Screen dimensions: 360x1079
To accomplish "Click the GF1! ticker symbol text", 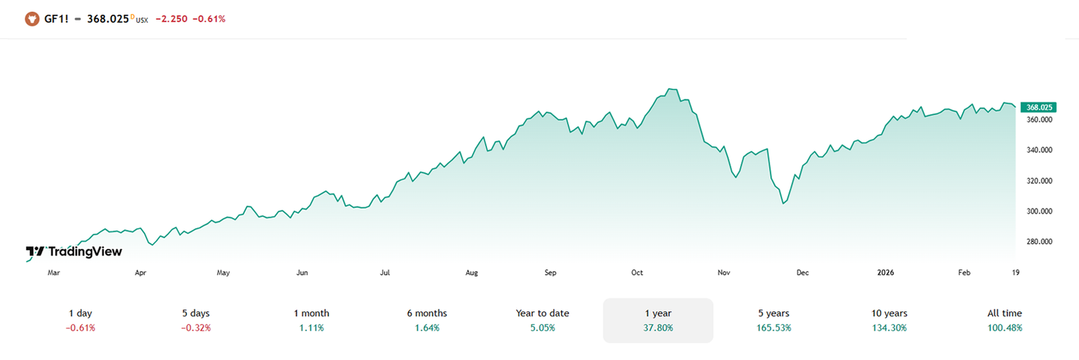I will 56,19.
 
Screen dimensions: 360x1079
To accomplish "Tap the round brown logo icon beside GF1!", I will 32,19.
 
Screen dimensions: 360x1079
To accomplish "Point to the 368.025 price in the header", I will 108,19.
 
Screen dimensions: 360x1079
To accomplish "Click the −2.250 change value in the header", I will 171,19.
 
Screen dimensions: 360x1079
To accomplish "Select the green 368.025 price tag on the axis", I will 1039,107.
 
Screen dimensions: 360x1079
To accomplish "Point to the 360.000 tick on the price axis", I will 1039,119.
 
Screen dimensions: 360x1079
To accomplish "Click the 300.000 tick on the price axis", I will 1039,211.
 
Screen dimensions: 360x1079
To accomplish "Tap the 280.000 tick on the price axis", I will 1039,241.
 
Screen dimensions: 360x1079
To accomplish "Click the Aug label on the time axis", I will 471,272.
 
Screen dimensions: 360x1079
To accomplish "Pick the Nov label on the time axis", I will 724,272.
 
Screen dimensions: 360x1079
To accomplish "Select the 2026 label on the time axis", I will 885,272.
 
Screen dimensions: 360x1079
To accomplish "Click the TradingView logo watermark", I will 74,251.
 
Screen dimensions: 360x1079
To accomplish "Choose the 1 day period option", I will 80,320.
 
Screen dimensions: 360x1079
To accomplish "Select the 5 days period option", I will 196,320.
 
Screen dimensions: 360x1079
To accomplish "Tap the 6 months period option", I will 427,320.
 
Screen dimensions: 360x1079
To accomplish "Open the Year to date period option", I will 542,320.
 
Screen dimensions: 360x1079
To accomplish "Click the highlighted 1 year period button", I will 658,320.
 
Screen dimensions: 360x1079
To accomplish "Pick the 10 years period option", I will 889,320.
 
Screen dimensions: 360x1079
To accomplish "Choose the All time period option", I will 1004,320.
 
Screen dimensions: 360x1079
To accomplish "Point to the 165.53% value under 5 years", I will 774,328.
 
